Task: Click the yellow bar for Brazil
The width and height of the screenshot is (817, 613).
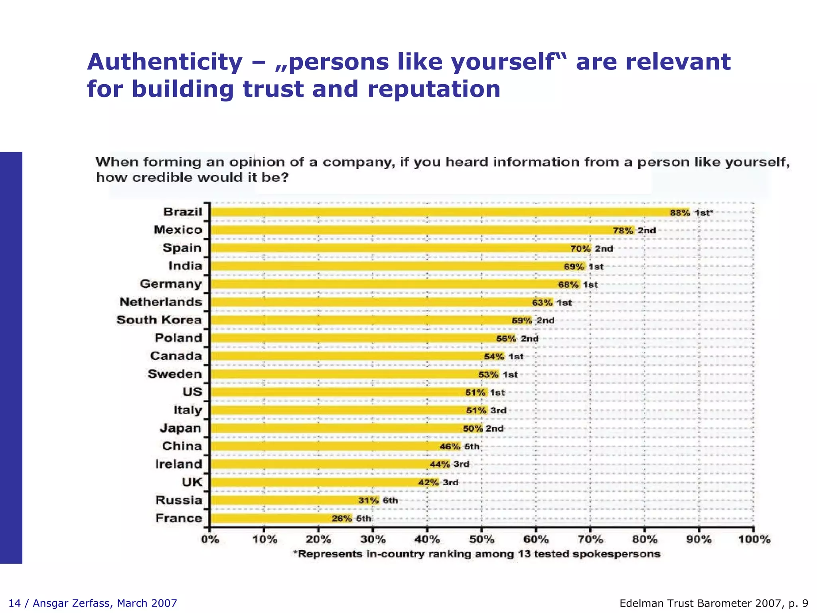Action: pos(439,212)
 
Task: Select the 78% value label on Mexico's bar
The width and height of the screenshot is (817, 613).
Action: pos(623,230)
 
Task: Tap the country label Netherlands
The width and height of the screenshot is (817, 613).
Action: pos(161,302)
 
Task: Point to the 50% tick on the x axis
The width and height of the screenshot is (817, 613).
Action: pos(482,539)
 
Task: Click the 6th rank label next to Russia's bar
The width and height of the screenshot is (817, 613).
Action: pos(390,500)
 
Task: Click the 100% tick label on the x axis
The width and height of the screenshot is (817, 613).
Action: pos(754,539)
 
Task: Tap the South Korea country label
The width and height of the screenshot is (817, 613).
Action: pos(159,320)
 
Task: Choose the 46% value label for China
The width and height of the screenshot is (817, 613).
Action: pos(450,447)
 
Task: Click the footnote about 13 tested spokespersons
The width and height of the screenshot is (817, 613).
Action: pos(477,554)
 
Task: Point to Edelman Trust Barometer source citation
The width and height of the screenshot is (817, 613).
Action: pos(714,603)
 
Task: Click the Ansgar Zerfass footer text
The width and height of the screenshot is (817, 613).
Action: pos(93,603)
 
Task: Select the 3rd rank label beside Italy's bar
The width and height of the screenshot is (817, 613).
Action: pos(498,410)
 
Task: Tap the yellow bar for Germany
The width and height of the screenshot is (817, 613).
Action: pos(383,284)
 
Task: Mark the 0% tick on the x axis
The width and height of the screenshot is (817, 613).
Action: pos(210,539)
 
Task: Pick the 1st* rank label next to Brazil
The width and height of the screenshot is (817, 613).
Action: pos(703,213)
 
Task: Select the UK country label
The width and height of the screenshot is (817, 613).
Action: pos(192,482)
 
